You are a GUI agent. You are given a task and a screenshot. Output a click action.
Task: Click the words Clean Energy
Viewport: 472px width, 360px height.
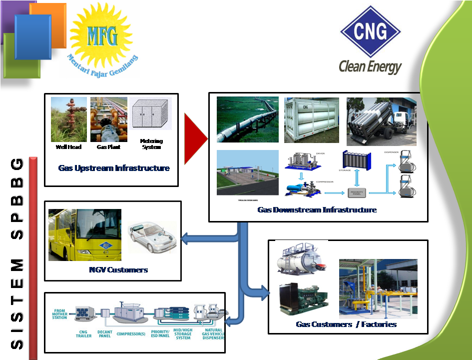[x=370, y=66]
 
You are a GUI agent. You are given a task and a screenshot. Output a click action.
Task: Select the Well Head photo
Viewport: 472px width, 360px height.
[x=68, y=119]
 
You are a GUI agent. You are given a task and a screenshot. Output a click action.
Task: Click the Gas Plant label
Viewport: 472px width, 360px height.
[x=108, y=147]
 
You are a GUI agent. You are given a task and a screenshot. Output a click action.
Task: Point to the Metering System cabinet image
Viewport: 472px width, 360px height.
[x=150, y=114]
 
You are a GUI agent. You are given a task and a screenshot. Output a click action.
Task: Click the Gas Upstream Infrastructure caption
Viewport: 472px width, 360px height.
[x=114, y=168]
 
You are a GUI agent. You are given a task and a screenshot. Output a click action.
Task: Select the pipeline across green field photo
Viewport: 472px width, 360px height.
[x=248, y=120]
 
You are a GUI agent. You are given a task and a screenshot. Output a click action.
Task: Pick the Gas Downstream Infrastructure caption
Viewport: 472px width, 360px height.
[x=317, y=210]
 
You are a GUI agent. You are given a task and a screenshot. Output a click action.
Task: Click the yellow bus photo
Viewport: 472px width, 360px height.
[x=84, y=234]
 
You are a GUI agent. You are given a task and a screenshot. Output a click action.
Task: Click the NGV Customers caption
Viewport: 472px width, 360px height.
[x=118, y=269]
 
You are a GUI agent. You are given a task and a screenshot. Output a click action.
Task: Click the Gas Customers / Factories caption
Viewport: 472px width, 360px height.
[x=346, y=324]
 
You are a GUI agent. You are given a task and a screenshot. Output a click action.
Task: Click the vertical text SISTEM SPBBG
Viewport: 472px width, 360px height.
[x=17, y=255]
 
